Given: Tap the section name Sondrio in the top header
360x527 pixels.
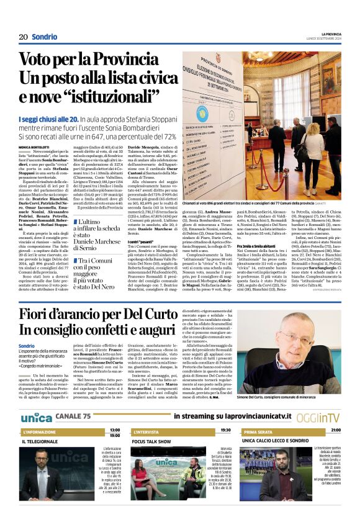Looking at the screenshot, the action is pyautogui.click(x=45, y=37).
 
